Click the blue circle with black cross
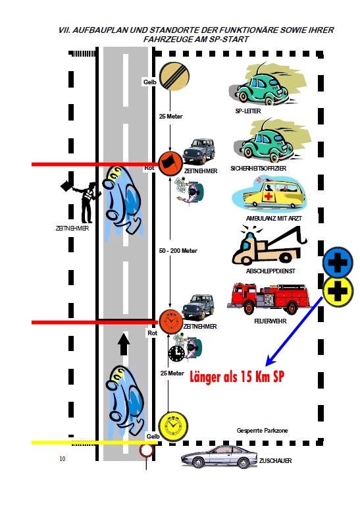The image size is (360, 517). click(x=338, y=263)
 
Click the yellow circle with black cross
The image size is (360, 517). click(x=338, y=292)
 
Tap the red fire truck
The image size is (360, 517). click(x=269, y=298)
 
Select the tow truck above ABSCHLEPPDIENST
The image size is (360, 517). click(x=269, y=246)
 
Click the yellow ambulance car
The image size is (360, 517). click(x=269, y=194)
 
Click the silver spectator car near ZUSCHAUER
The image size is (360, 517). click(x=219, y=456)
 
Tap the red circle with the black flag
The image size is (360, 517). click(x=170, y=163)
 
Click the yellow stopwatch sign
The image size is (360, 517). click(x=173, y=426)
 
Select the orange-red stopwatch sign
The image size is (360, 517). click(x=170, y=321)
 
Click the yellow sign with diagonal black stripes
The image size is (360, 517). click(x=174, y=76)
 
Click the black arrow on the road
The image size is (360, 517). click(x=124, y=344)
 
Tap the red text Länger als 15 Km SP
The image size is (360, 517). click(x=237, y=376)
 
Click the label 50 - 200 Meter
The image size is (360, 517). click(x=178, y=250)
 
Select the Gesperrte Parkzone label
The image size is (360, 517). click(x=262, y=430)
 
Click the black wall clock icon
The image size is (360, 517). click(x=176, y=354)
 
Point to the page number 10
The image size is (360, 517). click(x=63, y=458)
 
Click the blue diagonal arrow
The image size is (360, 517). click(x=294, y=331)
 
